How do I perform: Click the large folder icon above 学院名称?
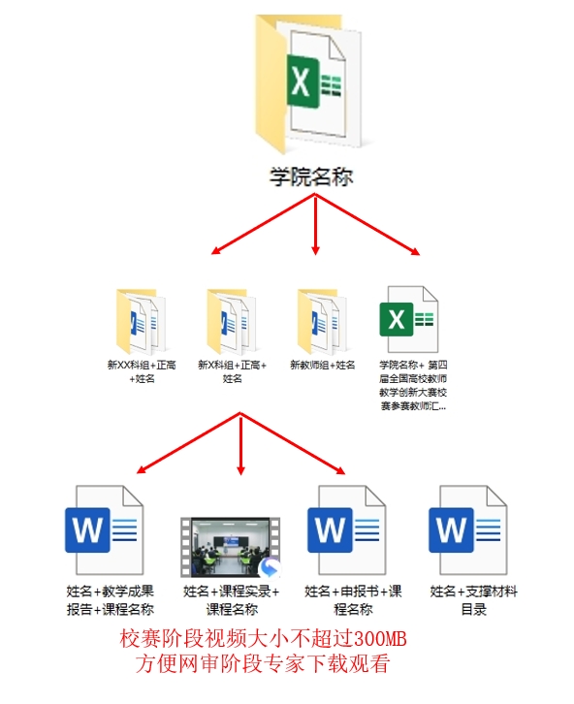[x=308, y=84]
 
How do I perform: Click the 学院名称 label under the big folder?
[x=311, y=176]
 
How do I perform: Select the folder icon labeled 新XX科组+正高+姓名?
[x=141, y=321]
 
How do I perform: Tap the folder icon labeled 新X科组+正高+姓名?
[x=231, y=321]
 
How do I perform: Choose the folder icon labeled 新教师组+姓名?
[x=322, y=321]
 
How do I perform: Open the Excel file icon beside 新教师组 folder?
[x=409, y=319]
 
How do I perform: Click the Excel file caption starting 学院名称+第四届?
[x=413, y=385]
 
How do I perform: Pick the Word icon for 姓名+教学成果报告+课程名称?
[x=104, y=529]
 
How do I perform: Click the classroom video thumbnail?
[x=231, y=547]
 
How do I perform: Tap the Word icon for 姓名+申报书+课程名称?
[x=346, y=529]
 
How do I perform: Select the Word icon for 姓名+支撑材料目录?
[x=467, y=529]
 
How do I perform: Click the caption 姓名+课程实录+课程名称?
[x=231, y=600]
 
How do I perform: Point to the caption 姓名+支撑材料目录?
[x=473, y=600]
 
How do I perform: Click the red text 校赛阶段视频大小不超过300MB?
[x=263, y=638]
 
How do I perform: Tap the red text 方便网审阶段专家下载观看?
[x=263, y=663]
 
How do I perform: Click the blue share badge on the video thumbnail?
[x=269, y=568]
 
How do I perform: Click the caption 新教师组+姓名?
[x=322, y=365]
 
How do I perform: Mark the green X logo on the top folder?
[x=303, y=81]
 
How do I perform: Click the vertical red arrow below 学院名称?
[x=315, y=225]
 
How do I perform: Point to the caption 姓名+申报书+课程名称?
[x=353, y=600]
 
